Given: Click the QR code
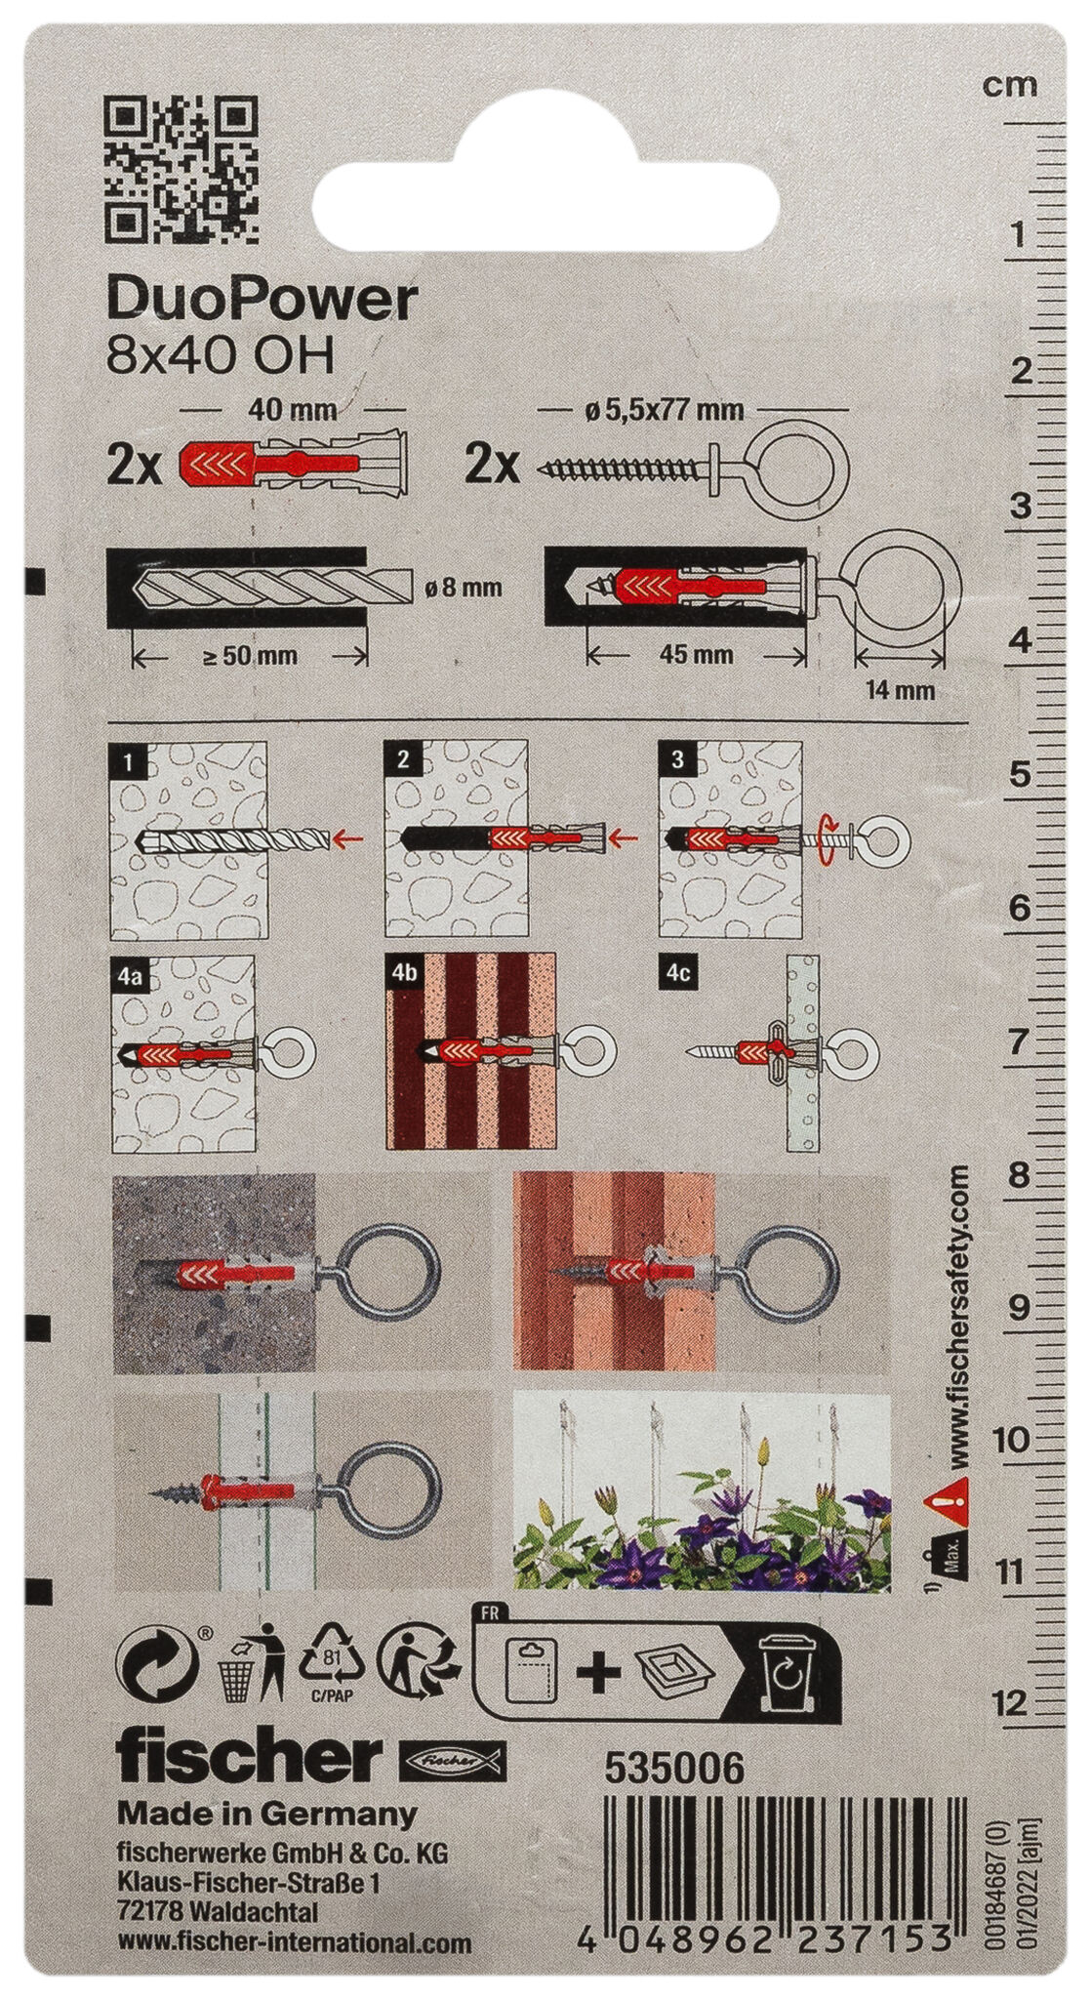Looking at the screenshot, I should click(x=182, y=169).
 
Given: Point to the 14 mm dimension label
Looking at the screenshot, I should click(x=902, y=690).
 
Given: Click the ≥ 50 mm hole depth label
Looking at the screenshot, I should click(x=250, y=656).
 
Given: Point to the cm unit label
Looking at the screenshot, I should click(x=1009, y=86).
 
